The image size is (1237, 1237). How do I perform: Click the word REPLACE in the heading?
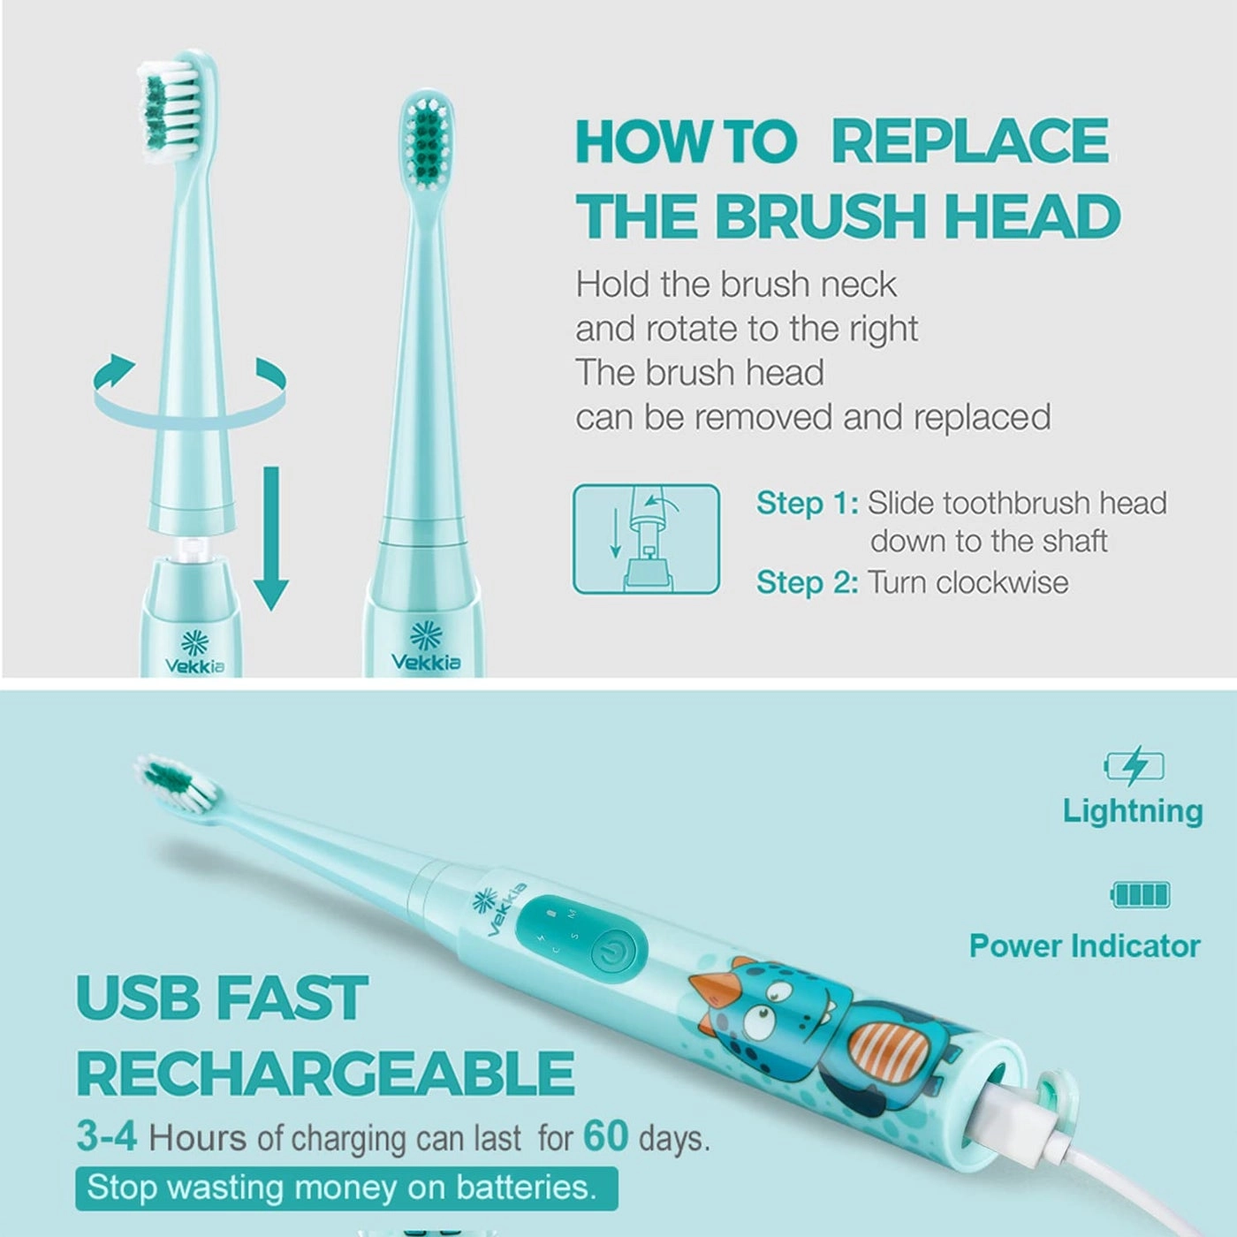(969, 141)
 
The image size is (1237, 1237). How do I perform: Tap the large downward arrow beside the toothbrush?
(271, 539)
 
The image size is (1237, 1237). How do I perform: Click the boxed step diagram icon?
(646, 539)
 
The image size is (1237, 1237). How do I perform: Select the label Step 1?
(807, 503)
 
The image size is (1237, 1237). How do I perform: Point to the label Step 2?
(807, 582)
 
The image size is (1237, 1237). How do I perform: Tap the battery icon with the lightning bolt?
(1135, 766)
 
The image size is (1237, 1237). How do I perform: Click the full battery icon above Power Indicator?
(1140, 895)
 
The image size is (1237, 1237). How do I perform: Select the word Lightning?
(1132, 811)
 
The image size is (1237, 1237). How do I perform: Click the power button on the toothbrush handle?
(611, 952)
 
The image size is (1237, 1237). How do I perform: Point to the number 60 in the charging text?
(605, 1136)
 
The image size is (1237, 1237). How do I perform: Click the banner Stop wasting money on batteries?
(345, 1188)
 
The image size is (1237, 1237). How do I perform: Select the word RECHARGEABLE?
(325, 1074)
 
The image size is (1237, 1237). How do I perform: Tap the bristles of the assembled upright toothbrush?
(429, 141)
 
